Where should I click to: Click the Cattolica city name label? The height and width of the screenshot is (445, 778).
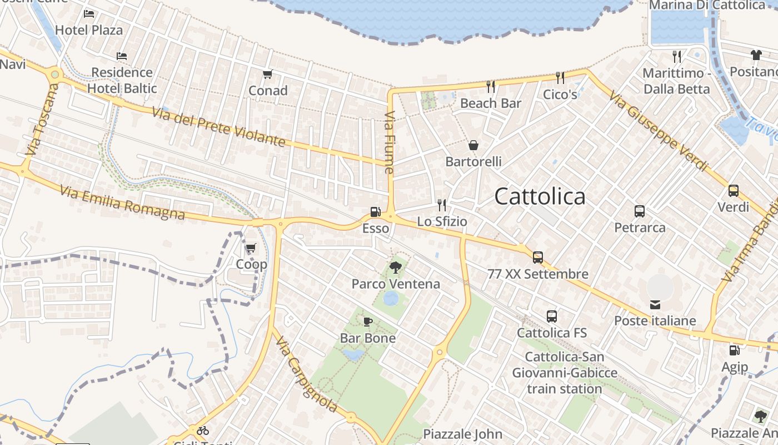[x=540, y=196]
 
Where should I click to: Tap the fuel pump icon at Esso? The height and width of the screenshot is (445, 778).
[x=376, y=212]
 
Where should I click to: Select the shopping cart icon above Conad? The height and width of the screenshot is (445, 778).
[x=267, y=74]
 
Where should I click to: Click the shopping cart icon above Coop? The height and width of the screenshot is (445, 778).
[x=251, y=248]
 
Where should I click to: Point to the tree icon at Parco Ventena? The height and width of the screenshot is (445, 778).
[x=396, y=268]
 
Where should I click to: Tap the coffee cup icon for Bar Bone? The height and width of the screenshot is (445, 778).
[x=367, y=322]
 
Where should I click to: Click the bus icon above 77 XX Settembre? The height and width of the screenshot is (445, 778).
[x=537, y=257]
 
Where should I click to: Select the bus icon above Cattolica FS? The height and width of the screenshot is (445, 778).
[x=551, y=317]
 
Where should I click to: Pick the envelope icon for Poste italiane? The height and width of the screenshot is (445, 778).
[x=655, y=304]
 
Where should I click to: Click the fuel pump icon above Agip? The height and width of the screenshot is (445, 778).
[x=734, y=350]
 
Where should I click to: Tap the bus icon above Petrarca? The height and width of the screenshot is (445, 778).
[x=640, y=211]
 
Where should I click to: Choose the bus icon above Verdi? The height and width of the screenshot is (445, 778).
[x=733, y=191]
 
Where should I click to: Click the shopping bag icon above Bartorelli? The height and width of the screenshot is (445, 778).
[x=473, y=145]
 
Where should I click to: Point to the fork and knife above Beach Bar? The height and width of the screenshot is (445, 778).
[x=491, y=86]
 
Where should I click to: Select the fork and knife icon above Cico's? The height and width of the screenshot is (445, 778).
[x=560, y=78]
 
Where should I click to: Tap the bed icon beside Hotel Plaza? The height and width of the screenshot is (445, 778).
[x=89, y=13]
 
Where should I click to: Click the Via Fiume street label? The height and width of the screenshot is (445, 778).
[x=389, y=142]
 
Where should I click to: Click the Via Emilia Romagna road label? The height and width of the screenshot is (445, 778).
[x=122, y=202]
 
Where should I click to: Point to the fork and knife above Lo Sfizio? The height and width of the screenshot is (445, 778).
[x=442, y=205]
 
